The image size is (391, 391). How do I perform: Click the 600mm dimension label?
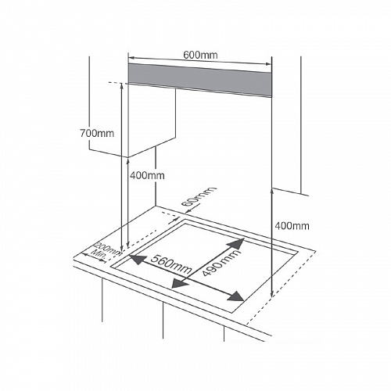pos(200,55)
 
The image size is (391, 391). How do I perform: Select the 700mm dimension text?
pos(97,133)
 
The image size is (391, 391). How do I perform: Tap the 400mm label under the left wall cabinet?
pos(147,175)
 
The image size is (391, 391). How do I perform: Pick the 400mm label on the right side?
pos(292,226)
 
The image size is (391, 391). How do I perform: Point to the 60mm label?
pos(199,196)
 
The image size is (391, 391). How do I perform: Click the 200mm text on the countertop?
pos(108,249)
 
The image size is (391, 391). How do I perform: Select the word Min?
pos(99,253)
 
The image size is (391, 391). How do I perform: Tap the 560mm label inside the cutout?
pos(171,264)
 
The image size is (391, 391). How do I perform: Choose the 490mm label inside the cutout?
pos(221,263)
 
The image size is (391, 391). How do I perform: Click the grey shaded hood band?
pos(200,81)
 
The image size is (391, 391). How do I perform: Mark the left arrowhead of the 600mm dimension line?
pos(131,58)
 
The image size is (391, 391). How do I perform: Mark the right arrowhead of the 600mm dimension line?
pos(268,64)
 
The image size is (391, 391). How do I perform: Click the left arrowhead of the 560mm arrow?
pos(138,260)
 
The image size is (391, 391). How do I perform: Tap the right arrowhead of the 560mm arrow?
pos(235,296)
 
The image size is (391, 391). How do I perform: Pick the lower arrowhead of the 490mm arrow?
pos(180,282)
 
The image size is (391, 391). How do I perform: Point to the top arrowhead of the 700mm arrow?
pos(121,85)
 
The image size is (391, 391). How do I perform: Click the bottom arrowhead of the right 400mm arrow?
pos(272,294)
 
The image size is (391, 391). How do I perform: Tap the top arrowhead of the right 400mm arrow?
pos(272,192)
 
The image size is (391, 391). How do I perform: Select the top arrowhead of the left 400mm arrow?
pos(127,161)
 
